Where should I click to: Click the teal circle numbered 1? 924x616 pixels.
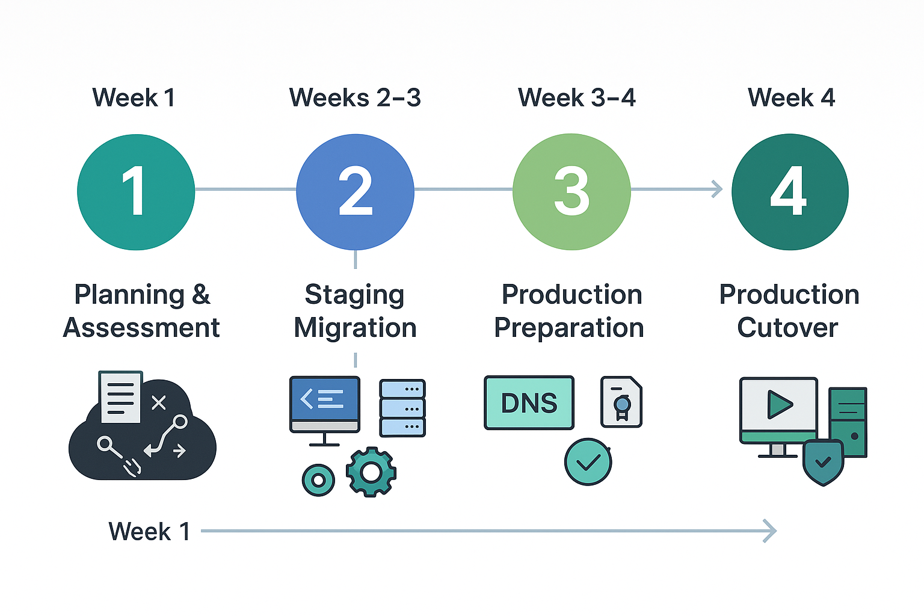point(136,192)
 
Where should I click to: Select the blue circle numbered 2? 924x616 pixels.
point(355,192)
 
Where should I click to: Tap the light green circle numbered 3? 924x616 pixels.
point(571,192)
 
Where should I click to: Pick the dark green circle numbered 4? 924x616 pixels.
point(790,192)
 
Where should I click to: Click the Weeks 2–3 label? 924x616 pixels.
point(355,98)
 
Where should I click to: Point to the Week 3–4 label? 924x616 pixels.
point(577,98)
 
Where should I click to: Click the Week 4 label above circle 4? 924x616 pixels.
point(791,98)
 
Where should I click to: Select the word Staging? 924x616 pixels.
point(355,296)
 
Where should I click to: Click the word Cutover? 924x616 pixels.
point(787,328)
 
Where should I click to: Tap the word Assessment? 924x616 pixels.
point(141,328)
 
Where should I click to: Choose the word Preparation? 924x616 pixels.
point(569,329)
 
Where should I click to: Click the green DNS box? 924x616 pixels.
point(529,402)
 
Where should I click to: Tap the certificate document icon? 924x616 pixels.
point(621,401)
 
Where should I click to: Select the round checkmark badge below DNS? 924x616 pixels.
point(588,461)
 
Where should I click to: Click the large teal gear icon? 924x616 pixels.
point(371,472)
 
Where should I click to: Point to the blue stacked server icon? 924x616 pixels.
point(402,408)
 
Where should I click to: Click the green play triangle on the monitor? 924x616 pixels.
point(779,405)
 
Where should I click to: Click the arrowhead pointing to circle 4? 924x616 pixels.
point(718,189)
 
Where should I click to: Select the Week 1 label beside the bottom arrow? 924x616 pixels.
point(149,531)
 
